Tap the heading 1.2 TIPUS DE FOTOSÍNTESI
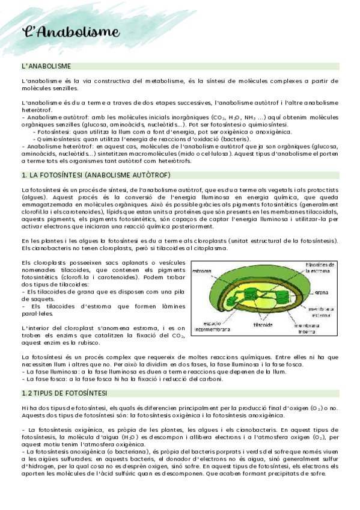pos(64,393)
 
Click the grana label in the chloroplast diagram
pos(321,293)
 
